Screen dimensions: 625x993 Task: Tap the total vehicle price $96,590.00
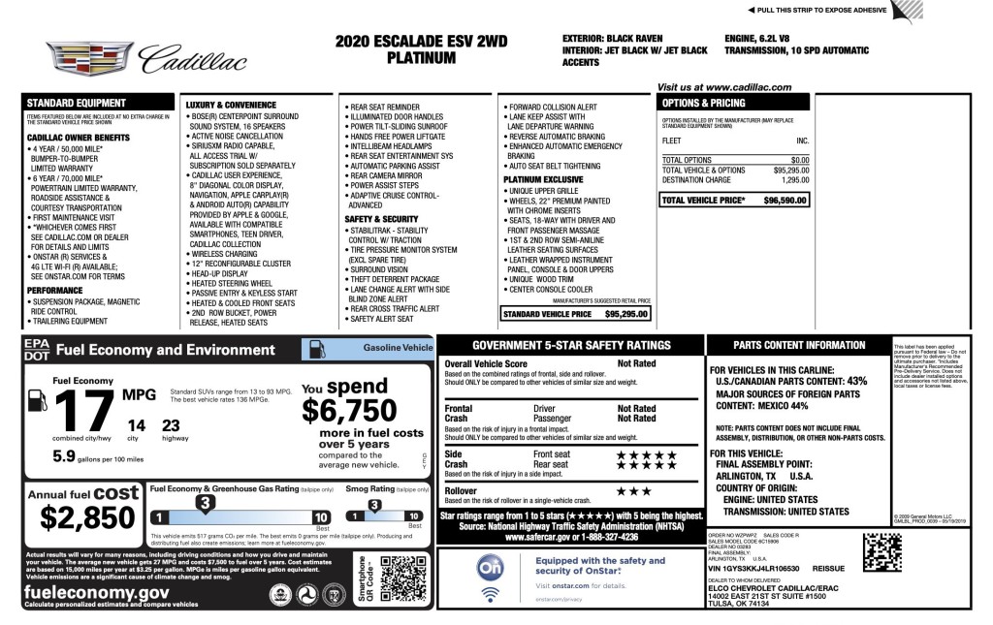[x=786, y=200]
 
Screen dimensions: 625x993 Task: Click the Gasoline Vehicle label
[x=398, y=347]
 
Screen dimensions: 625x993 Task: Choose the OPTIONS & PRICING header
[x=703, y=103]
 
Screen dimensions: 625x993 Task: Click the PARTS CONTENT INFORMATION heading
[x=799, y=346]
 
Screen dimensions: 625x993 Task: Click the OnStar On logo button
[x=489, y=567]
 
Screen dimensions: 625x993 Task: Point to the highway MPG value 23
[x=171, y=425]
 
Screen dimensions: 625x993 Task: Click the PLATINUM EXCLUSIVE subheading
[x=543, y=179]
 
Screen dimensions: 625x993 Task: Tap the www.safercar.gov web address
[x=571, y=536]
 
